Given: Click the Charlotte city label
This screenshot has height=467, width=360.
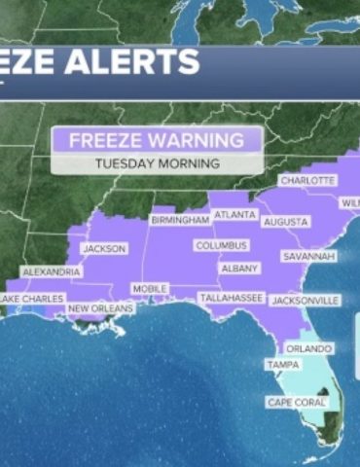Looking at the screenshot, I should [x=307, y=180].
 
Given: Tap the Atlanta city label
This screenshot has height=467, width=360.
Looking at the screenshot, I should [x=234, y=214].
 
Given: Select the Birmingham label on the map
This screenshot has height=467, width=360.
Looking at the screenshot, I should [x=180, y=221].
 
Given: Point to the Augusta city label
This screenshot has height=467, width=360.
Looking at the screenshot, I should [x=287, y=222].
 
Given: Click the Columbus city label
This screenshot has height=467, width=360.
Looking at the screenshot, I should [x=221, y=246].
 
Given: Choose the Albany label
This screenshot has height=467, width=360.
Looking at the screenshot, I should [x=240, y=268].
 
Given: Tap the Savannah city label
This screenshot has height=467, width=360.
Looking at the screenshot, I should [x=309, y=256].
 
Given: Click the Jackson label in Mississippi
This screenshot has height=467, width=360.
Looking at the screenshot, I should [x=104, y=248].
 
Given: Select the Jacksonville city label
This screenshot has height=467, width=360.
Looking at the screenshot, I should [x=306, y=301].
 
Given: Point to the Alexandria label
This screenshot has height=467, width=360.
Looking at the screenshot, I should [x=51, y=271].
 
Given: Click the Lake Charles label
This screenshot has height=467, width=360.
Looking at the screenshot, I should [x=31, y=298].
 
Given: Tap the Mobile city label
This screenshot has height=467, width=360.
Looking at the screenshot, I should [x=149, y=289].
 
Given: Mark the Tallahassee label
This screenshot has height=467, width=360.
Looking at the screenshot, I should [x=231, y=297].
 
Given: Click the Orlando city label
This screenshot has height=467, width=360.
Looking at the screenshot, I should [x=309, y=348].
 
